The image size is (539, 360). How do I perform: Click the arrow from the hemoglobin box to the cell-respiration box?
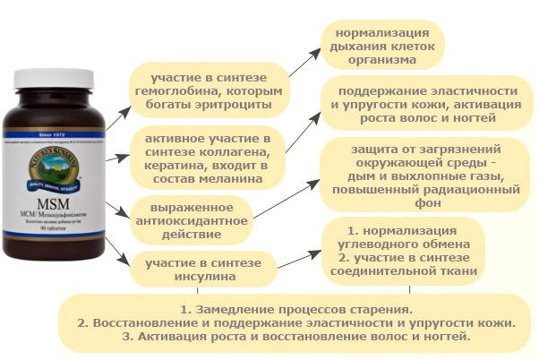point(301,62)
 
